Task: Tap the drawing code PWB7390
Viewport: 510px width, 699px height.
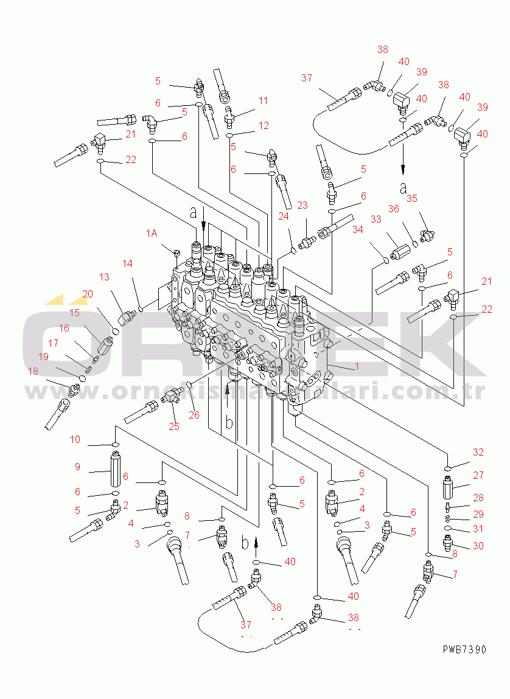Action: pyautogui.click(x=464, y=650)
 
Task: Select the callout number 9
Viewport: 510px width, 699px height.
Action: pyautogui.click(x=77, y=467)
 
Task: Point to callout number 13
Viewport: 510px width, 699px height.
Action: pyautogui.click(x=105, y=277)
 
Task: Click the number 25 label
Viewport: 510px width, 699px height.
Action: pyautogui.click(x=174, y=426)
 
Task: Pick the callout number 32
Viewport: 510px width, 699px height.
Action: pyautogui.click(x=478, y=452)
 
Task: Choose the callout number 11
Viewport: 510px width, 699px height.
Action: pyautogui.click(x=263, y=100)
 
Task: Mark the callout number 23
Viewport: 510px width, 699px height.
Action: pyautogui.click(x=302, y=206)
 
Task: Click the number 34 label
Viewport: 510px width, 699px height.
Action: pyautogui.click(x=357, y=229)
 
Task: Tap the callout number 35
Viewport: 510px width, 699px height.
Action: pyautogui.click(x=412, y=198)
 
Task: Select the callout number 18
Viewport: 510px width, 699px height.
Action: pyautogui.click(x=33, y=371)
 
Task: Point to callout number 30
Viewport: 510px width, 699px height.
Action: pyautogui.click(x=478, y=546)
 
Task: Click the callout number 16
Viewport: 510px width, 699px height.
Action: pyautogui.click(x=63, y=328)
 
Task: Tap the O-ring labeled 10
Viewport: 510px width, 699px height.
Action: pyautogui.click(x=115, y=445)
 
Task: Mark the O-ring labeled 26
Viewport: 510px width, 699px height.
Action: pyautogui.click(x=189, y=385)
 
